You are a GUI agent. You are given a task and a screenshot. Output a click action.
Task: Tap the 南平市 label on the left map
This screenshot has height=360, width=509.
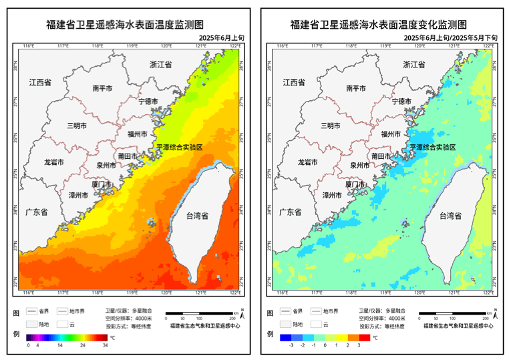[108, 87]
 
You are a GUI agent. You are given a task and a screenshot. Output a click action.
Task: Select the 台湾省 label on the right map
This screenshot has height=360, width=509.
[452, 216]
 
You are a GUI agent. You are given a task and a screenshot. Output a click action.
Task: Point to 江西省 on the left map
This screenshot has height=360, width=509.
[40, 83]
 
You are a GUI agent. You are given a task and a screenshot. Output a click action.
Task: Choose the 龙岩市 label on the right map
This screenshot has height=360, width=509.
[309, 162]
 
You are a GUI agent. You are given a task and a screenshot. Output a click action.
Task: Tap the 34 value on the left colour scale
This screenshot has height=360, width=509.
[105, 346]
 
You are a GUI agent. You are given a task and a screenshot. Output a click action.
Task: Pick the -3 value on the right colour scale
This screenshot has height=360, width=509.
[291, 346]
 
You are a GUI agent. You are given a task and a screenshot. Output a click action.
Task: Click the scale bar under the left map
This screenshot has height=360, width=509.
[199, 313]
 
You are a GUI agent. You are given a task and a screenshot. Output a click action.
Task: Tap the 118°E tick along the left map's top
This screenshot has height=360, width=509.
[97, 46]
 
